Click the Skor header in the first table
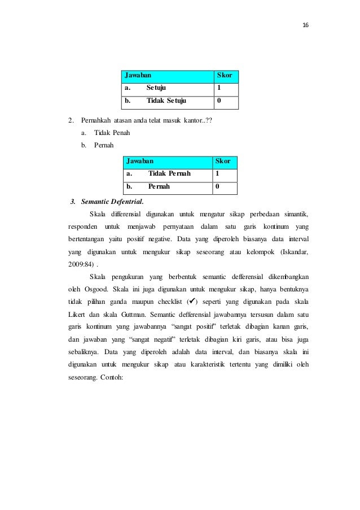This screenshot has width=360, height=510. [225, 75]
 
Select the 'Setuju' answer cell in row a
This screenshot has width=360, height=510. [156, 88]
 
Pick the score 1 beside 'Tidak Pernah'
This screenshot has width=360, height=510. [218, 173]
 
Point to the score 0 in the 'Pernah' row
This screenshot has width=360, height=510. [218, 186]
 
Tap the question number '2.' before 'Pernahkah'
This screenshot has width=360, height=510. [70, 121]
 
